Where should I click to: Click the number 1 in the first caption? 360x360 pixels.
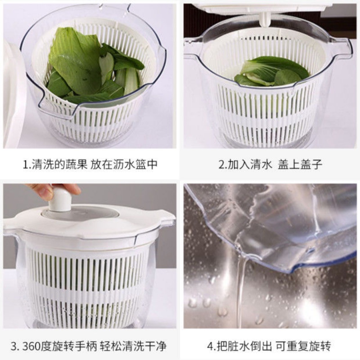[26, 164]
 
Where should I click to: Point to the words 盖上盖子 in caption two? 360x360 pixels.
[300, 164]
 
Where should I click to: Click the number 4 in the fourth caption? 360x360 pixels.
[210, 346]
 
